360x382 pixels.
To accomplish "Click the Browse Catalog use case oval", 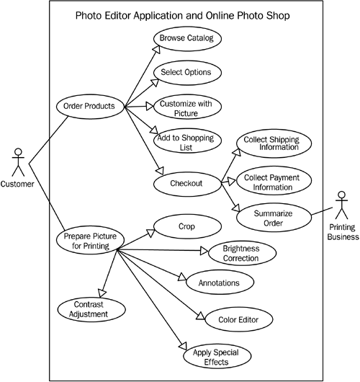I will [186, 36].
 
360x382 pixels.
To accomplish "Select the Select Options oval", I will [186, 72].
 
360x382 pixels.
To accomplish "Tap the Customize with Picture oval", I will [186, 108].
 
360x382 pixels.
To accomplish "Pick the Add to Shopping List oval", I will [186, 143].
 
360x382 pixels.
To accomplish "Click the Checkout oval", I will [186, 183].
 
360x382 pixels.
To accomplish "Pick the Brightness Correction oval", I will [240, 252].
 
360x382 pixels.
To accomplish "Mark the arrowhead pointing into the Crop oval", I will [150, 231].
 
